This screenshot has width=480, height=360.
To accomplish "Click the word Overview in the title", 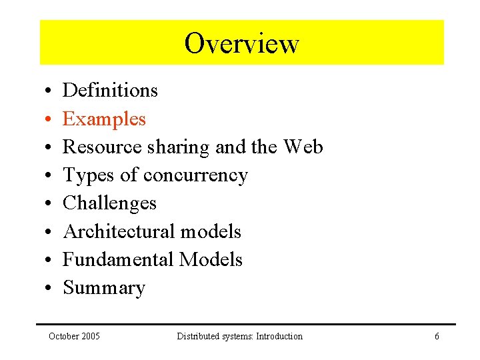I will click(x=241, y=43).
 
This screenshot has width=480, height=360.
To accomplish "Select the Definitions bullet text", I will click(x=110, y=90).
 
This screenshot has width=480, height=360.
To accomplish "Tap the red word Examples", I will click(x=104, y=119).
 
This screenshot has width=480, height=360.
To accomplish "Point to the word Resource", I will click(x=103, y=147).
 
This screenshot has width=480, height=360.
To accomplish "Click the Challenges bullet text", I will click(x=109, y=203).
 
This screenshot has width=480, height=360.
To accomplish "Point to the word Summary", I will click(x=104, y=288).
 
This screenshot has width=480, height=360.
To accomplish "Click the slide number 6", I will click(x=437, y=336).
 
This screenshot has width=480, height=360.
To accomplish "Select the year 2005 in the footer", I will click(x=89, y=336).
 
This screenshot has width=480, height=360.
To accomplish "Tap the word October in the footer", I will click(x=63, y=336).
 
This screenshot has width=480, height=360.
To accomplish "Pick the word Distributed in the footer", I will click(x=199, y=336).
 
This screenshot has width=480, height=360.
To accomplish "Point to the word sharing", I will click(x=178, y=147).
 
